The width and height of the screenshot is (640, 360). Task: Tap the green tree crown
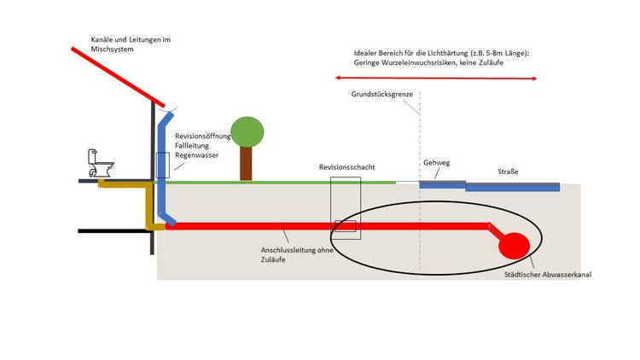247,131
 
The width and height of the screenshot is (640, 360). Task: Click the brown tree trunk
246,163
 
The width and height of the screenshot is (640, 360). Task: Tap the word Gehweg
436,163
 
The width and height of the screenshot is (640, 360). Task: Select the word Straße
508,172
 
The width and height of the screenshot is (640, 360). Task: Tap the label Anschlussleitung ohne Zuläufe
286,253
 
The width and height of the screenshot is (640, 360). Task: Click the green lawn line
282,182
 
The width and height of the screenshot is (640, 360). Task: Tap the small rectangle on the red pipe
345,226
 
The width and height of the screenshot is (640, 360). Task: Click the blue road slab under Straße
512,187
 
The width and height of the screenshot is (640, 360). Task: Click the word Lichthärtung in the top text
466,54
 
